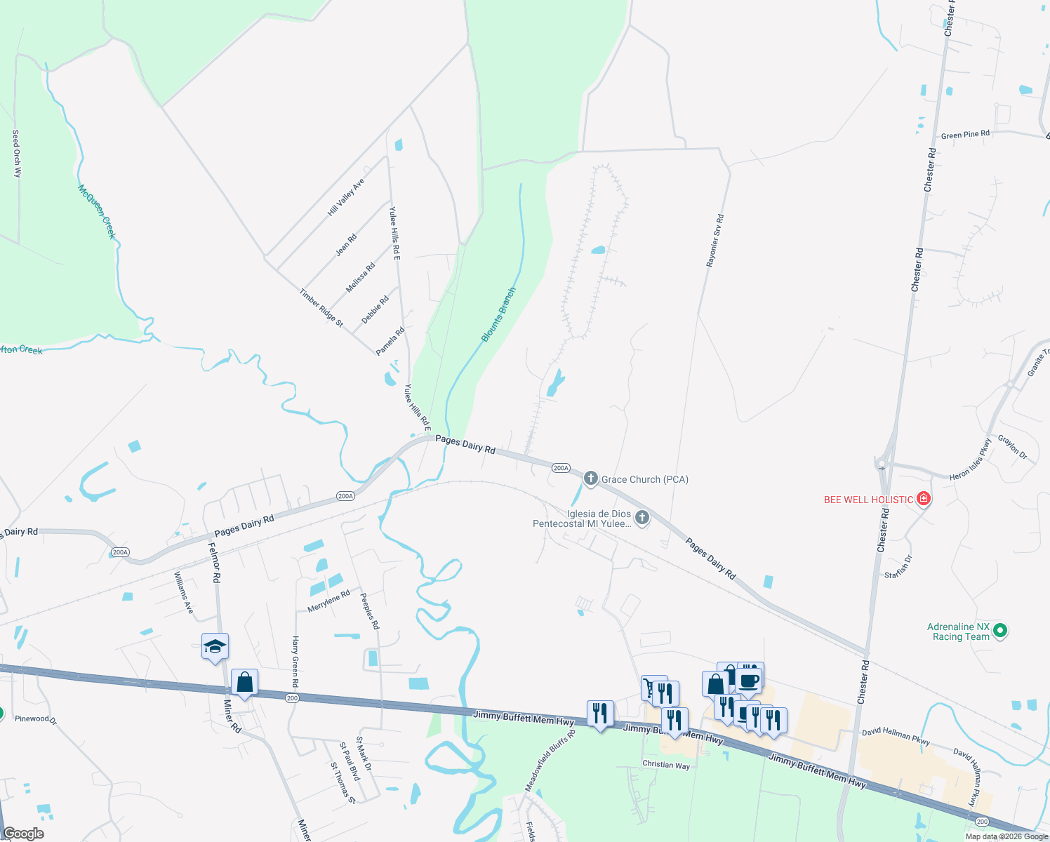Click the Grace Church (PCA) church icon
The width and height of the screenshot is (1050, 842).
tap(591, 479)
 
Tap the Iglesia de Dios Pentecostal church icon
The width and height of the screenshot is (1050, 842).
tap(642, 519)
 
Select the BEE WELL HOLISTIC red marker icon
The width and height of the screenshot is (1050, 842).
tap(924, 500)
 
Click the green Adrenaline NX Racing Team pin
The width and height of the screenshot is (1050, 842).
tap(1001, 631)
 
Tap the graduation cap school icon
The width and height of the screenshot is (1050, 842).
tap(215, 646)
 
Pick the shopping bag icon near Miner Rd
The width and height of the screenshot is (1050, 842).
tap(244, 682)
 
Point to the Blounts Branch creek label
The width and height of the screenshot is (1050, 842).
tap(498, 315)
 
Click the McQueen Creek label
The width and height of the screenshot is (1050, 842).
tap(96, 211)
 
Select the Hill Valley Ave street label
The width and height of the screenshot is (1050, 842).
tap(346, 197)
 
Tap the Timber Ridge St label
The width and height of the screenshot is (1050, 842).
tap(321, 308)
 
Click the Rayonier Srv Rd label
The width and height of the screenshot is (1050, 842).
tap(715, 241)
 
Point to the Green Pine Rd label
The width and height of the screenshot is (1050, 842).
tap(965, 135)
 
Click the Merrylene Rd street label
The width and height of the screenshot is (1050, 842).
tap(328, 601)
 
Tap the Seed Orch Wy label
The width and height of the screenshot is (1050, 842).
tap(16, 153)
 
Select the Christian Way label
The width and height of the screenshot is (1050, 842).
tap(666, 765)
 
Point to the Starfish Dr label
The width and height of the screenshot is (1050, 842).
tap(898, 567)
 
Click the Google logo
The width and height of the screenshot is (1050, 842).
tap(23, 834)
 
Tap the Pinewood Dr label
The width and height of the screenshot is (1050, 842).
tap(36, 719)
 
